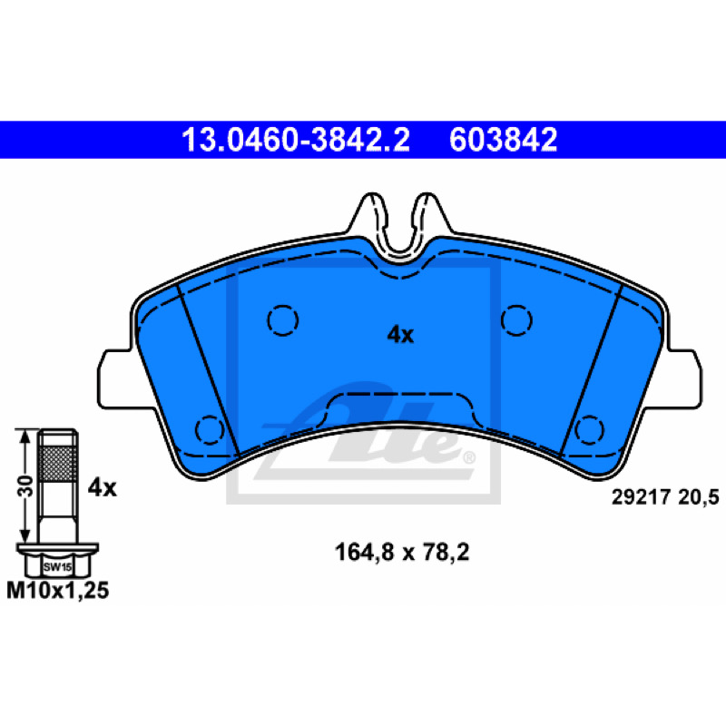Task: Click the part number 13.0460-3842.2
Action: pyautogui.click(x=296, y=140)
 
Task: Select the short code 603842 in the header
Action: pyautogui.click(x=503, y=140)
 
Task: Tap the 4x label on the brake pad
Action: pyautogui.click(x=400, y=334)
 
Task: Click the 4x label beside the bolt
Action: pyautogui.click(x=103, y=487)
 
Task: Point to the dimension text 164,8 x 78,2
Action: pyautogui.click(x=402, y=552)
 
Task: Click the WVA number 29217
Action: pyautogui.click(x=641, y=497)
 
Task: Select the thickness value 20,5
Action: pyautogui.click(x=699, y=497)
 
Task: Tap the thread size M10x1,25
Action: pyautogui.click(x=58, y=591)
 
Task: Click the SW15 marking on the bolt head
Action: pyautogui.click(x=57, y=566)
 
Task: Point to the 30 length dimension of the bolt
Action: pyautogui.click(x=26, y=486)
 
